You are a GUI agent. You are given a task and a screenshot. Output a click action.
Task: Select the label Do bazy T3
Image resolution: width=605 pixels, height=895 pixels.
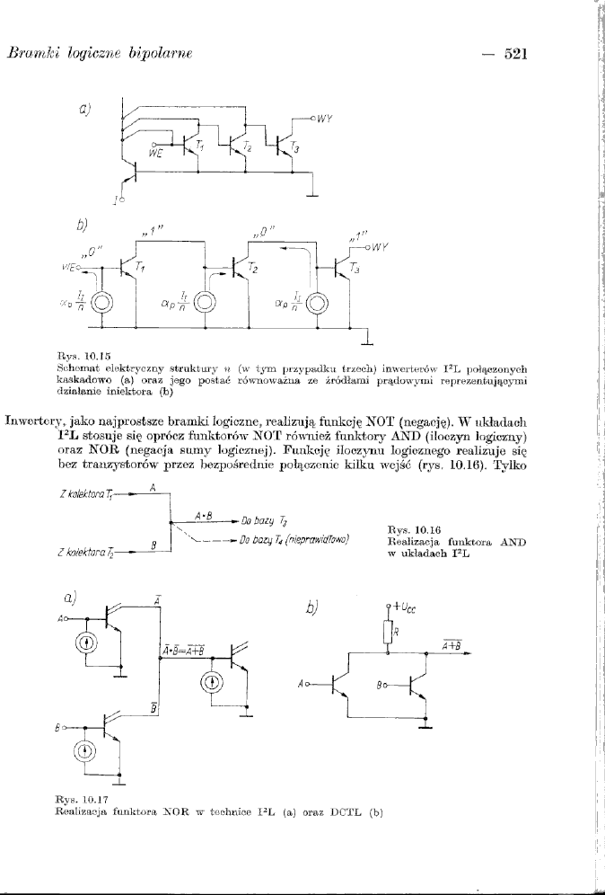tap(260, 518)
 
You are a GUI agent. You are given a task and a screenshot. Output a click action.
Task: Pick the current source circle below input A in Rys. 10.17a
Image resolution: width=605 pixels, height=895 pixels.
tap(85, 642)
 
